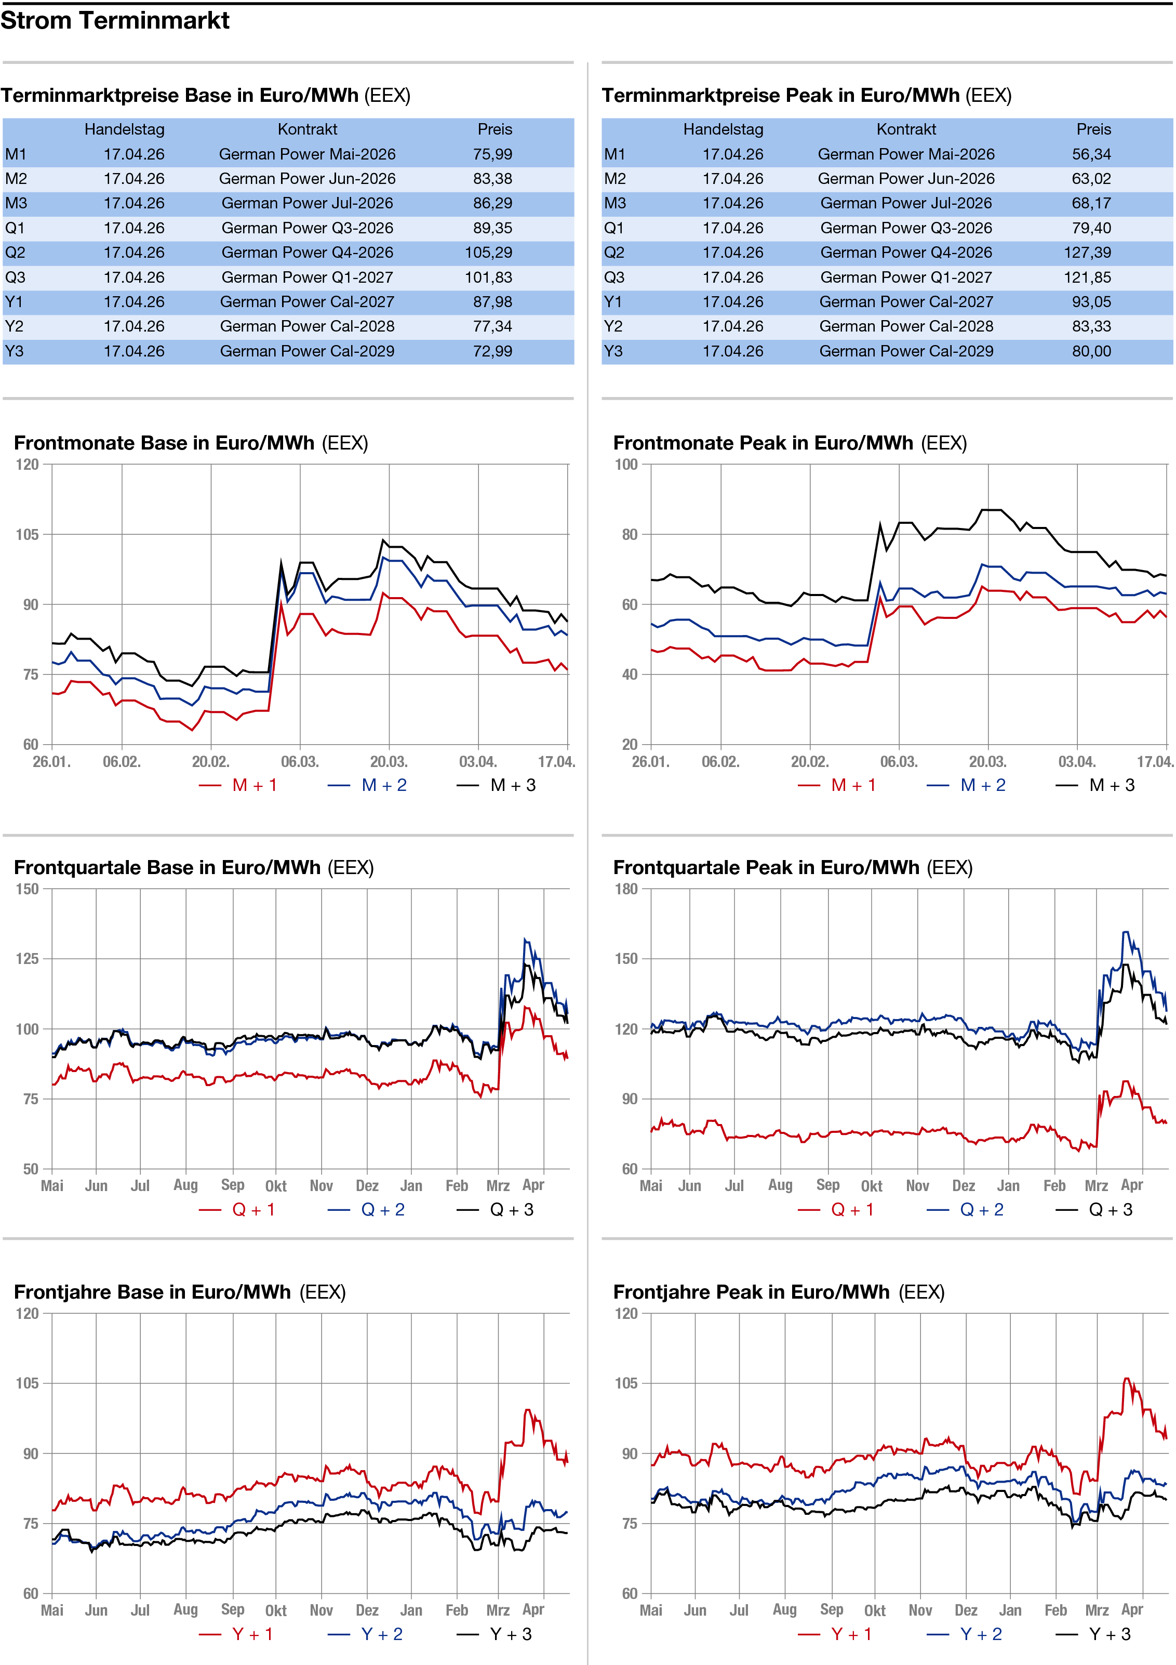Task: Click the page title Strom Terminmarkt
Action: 115,20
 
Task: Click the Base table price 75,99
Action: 492,154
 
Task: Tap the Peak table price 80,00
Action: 1091,351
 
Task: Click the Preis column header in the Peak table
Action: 1093,129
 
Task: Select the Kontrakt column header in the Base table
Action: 308,129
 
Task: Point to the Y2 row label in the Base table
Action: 14,326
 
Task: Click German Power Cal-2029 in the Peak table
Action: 906,351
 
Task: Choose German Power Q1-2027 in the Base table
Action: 308,277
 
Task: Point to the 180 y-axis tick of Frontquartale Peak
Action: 626,889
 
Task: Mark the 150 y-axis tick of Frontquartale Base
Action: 27,889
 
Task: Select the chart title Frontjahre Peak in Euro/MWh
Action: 751,1292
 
